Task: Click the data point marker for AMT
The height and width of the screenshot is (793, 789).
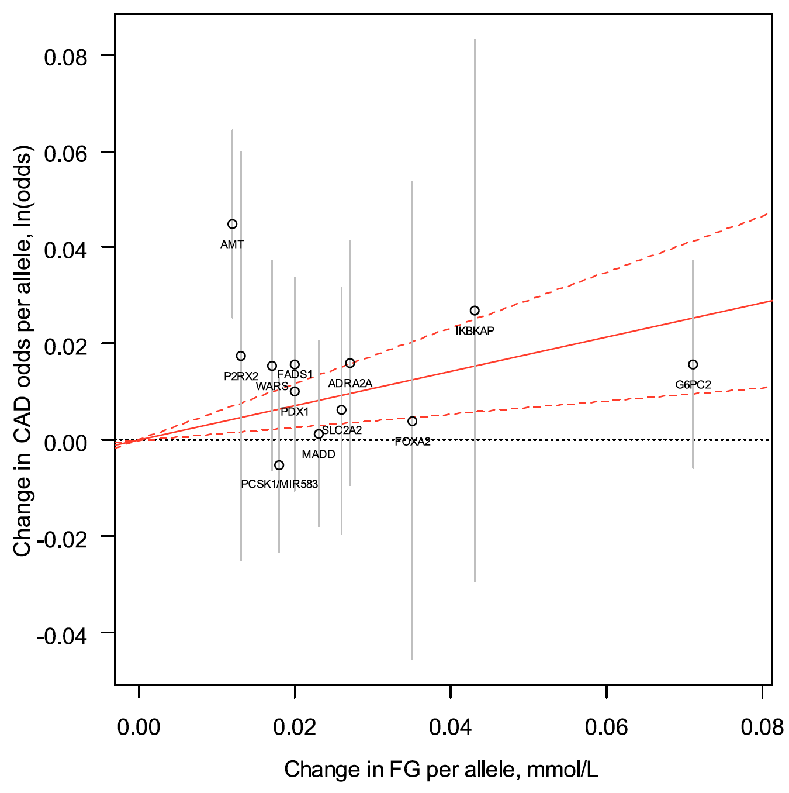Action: click(232, 224)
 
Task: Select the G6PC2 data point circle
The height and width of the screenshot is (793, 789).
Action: click(693, 364)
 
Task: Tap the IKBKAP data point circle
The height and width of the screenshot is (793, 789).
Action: click(475, 311)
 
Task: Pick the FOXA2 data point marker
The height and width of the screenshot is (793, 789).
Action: click(412, 421)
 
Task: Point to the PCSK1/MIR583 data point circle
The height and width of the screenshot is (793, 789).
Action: click(279, 465)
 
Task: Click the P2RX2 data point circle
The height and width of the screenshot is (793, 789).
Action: click(241, 356)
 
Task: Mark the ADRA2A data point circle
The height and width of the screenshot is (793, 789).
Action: click(349, 363)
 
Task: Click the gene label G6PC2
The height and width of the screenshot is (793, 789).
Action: click(693, 385)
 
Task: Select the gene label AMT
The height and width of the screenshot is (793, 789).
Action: click(232, 244)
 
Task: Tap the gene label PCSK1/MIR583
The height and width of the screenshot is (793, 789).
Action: click(279, 484)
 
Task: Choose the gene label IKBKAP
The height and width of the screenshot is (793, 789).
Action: click(475, 331)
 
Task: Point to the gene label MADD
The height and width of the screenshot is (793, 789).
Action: click(319, 454)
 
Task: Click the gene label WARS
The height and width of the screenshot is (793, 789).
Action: click(272, 386)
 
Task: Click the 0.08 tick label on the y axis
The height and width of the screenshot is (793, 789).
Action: click(65, 57)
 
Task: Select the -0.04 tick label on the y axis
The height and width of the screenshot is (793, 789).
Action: click(62, 636)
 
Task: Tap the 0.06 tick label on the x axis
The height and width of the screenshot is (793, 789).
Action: click(606, 727)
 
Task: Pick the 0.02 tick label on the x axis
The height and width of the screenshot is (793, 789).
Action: click(295, 727)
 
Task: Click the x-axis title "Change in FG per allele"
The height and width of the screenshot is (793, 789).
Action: click(441, 770)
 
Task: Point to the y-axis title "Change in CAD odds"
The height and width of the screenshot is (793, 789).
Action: click(23, 351)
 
